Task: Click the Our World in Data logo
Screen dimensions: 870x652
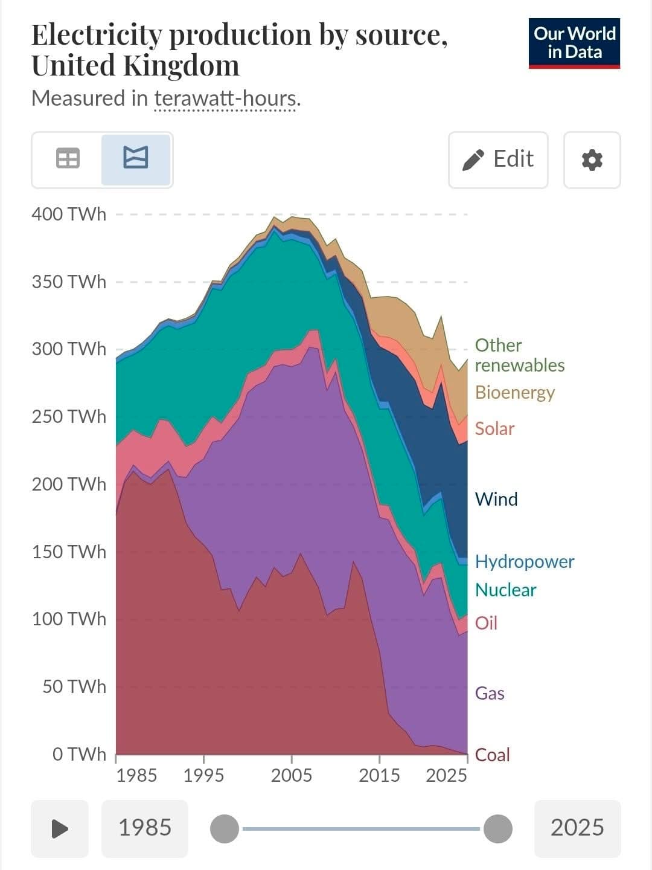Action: (x=574, y=43)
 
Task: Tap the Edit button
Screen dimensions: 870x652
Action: (x=498, y=159)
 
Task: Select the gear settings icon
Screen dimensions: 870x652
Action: (x=592, y=160)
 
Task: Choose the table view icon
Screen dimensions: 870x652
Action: (x=68, y=159)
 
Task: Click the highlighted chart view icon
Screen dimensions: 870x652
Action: (x=136, y=158)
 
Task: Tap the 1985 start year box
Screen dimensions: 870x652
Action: (x=145, y=828)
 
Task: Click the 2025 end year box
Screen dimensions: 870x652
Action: (x=577, y=828)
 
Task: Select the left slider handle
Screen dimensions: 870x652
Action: (x=225, y=828)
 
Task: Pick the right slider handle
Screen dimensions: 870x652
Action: (x=498, y=828)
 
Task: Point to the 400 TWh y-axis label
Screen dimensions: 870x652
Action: (x=69, y=214)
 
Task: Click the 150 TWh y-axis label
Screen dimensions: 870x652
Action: (x=69, y=552)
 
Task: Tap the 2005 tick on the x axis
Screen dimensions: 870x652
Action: (x=292, y=775)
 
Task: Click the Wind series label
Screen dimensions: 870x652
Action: (x=496, y=499)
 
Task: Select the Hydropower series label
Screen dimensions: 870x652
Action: (x=525, y=561)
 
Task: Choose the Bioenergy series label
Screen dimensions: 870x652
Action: (x=515, y=392)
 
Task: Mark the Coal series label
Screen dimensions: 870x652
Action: (x=493, y=755)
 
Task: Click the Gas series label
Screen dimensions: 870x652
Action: (x=490, y=693)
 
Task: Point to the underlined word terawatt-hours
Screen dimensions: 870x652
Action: (x=225, y=98)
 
